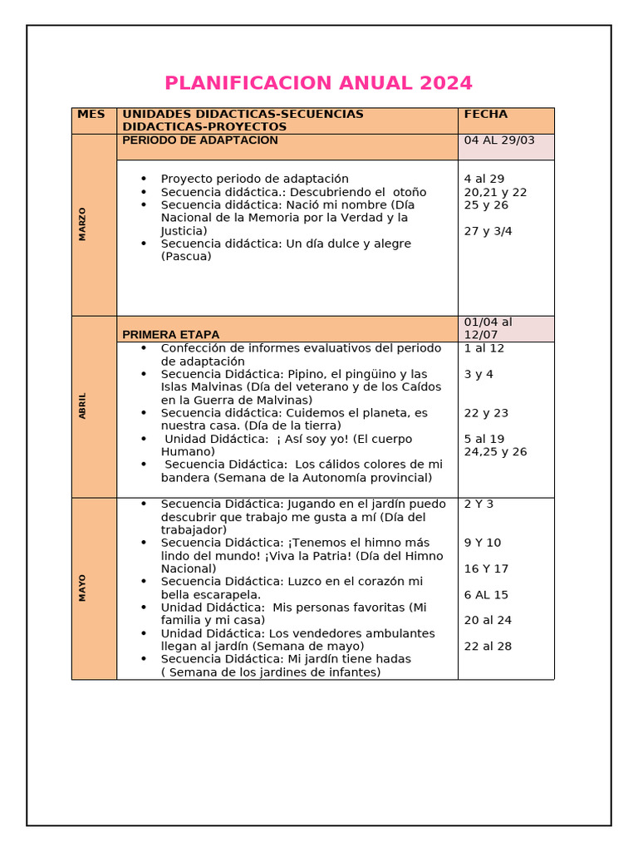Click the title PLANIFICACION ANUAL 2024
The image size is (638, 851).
tap(318, 83)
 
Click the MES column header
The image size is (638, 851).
tap(91, 114)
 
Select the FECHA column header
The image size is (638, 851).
tap(486, 114)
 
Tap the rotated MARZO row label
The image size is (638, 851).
tap(82, 224)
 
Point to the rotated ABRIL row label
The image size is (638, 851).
tap(82, 406)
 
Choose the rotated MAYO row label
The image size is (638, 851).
tap(82, 588)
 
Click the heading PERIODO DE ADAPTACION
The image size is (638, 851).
tap(200, 140)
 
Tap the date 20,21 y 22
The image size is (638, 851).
tap(495, 192)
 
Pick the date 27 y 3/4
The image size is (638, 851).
tap(488, 231)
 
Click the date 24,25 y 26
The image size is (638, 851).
tap(495, 452)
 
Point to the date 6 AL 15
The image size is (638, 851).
tap(486, 595)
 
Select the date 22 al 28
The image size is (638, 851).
tap(488, 647)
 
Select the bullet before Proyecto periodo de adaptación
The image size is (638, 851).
tap(144, 179)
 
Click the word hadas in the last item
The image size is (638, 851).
tap(392, 659)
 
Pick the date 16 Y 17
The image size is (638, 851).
tap(486, 569)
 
